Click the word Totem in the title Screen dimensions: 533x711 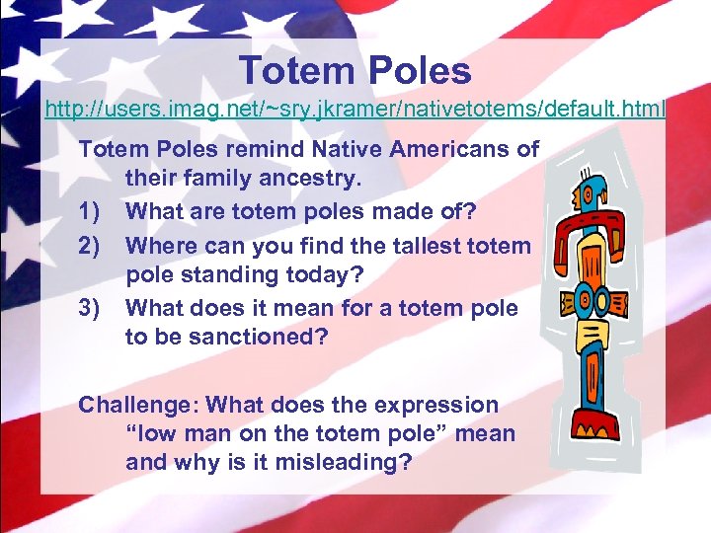[292, 70]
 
